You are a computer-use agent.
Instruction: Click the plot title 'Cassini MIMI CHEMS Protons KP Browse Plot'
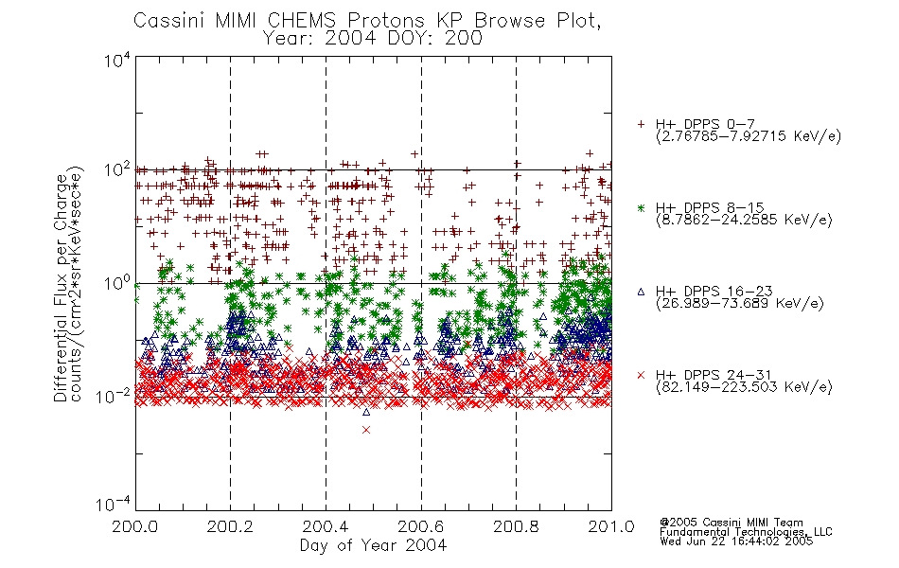(367, 21)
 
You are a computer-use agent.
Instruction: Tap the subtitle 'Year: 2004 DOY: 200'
(373, 39)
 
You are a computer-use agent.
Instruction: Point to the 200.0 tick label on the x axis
(135, 526)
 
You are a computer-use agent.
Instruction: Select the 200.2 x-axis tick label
(231, 526)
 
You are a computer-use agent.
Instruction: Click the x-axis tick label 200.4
(326, 526)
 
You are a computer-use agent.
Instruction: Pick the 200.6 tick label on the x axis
(421, 526)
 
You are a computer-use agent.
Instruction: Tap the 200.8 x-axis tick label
(516, 526)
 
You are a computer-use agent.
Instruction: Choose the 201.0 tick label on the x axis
(611, 526)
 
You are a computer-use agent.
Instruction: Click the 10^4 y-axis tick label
(117, 61)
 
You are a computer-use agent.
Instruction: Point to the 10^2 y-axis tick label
(117, 170)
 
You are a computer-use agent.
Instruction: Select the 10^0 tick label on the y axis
(117, 284)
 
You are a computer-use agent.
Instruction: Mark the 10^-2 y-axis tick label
(114, 396)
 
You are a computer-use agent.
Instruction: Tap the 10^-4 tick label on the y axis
(114, 504)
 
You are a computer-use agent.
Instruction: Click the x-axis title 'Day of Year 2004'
(373, 545)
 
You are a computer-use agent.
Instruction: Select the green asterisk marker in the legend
(641, 208)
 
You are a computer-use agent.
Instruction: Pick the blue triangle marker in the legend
(641, 292)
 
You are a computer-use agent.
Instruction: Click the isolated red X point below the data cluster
(366, 430)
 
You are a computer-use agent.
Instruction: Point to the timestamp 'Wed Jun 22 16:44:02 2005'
(736, 541)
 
